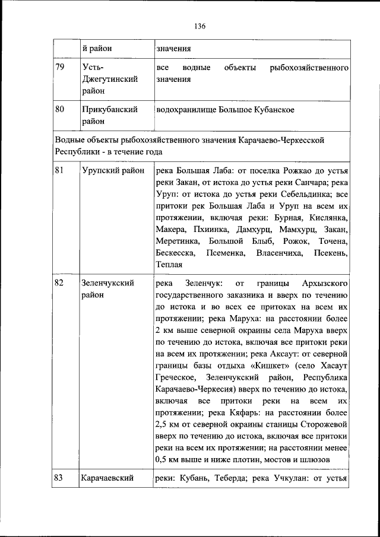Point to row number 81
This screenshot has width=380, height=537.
point(59,171)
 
